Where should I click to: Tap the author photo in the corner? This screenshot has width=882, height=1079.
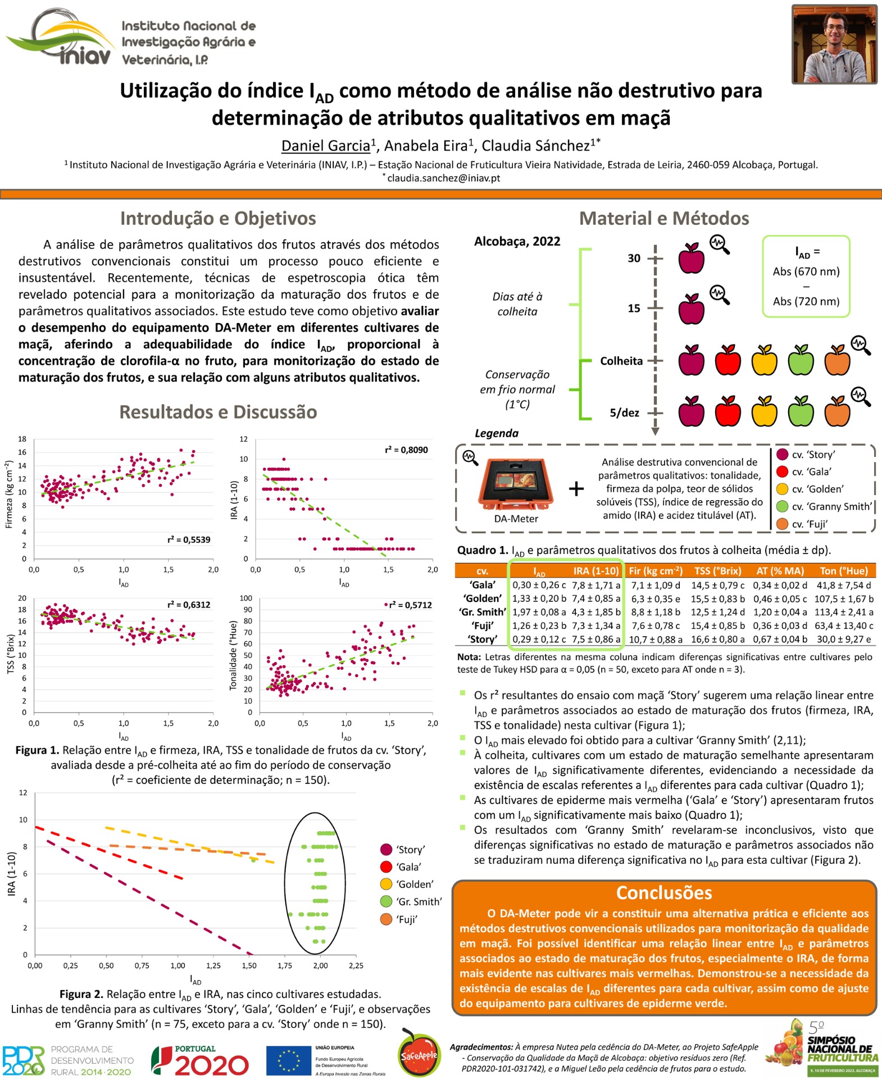click(834, 44)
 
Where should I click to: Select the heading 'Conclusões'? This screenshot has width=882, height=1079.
click(663, 893)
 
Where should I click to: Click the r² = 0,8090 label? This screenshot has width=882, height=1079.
click(406, 450)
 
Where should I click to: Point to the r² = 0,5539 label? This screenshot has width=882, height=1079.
click(189, 539)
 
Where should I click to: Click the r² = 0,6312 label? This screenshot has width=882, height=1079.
click(189, 605)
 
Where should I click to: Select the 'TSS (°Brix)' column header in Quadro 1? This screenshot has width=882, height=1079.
click(717, 571)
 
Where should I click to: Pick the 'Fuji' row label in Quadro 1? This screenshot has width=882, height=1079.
click(482, 625)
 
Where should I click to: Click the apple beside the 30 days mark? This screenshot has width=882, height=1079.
click(691, 259)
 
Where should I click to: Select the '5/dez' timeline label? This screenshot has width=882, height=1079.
click(624, 413)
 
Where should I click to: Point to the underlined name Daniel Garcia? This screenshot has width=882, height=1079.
click(326, 146)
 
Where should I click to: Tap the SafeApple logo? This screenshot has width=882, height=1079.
click(419, 1055)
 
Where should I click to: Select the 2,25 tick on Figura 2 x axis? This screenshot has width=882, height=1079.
click(356, 965)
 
